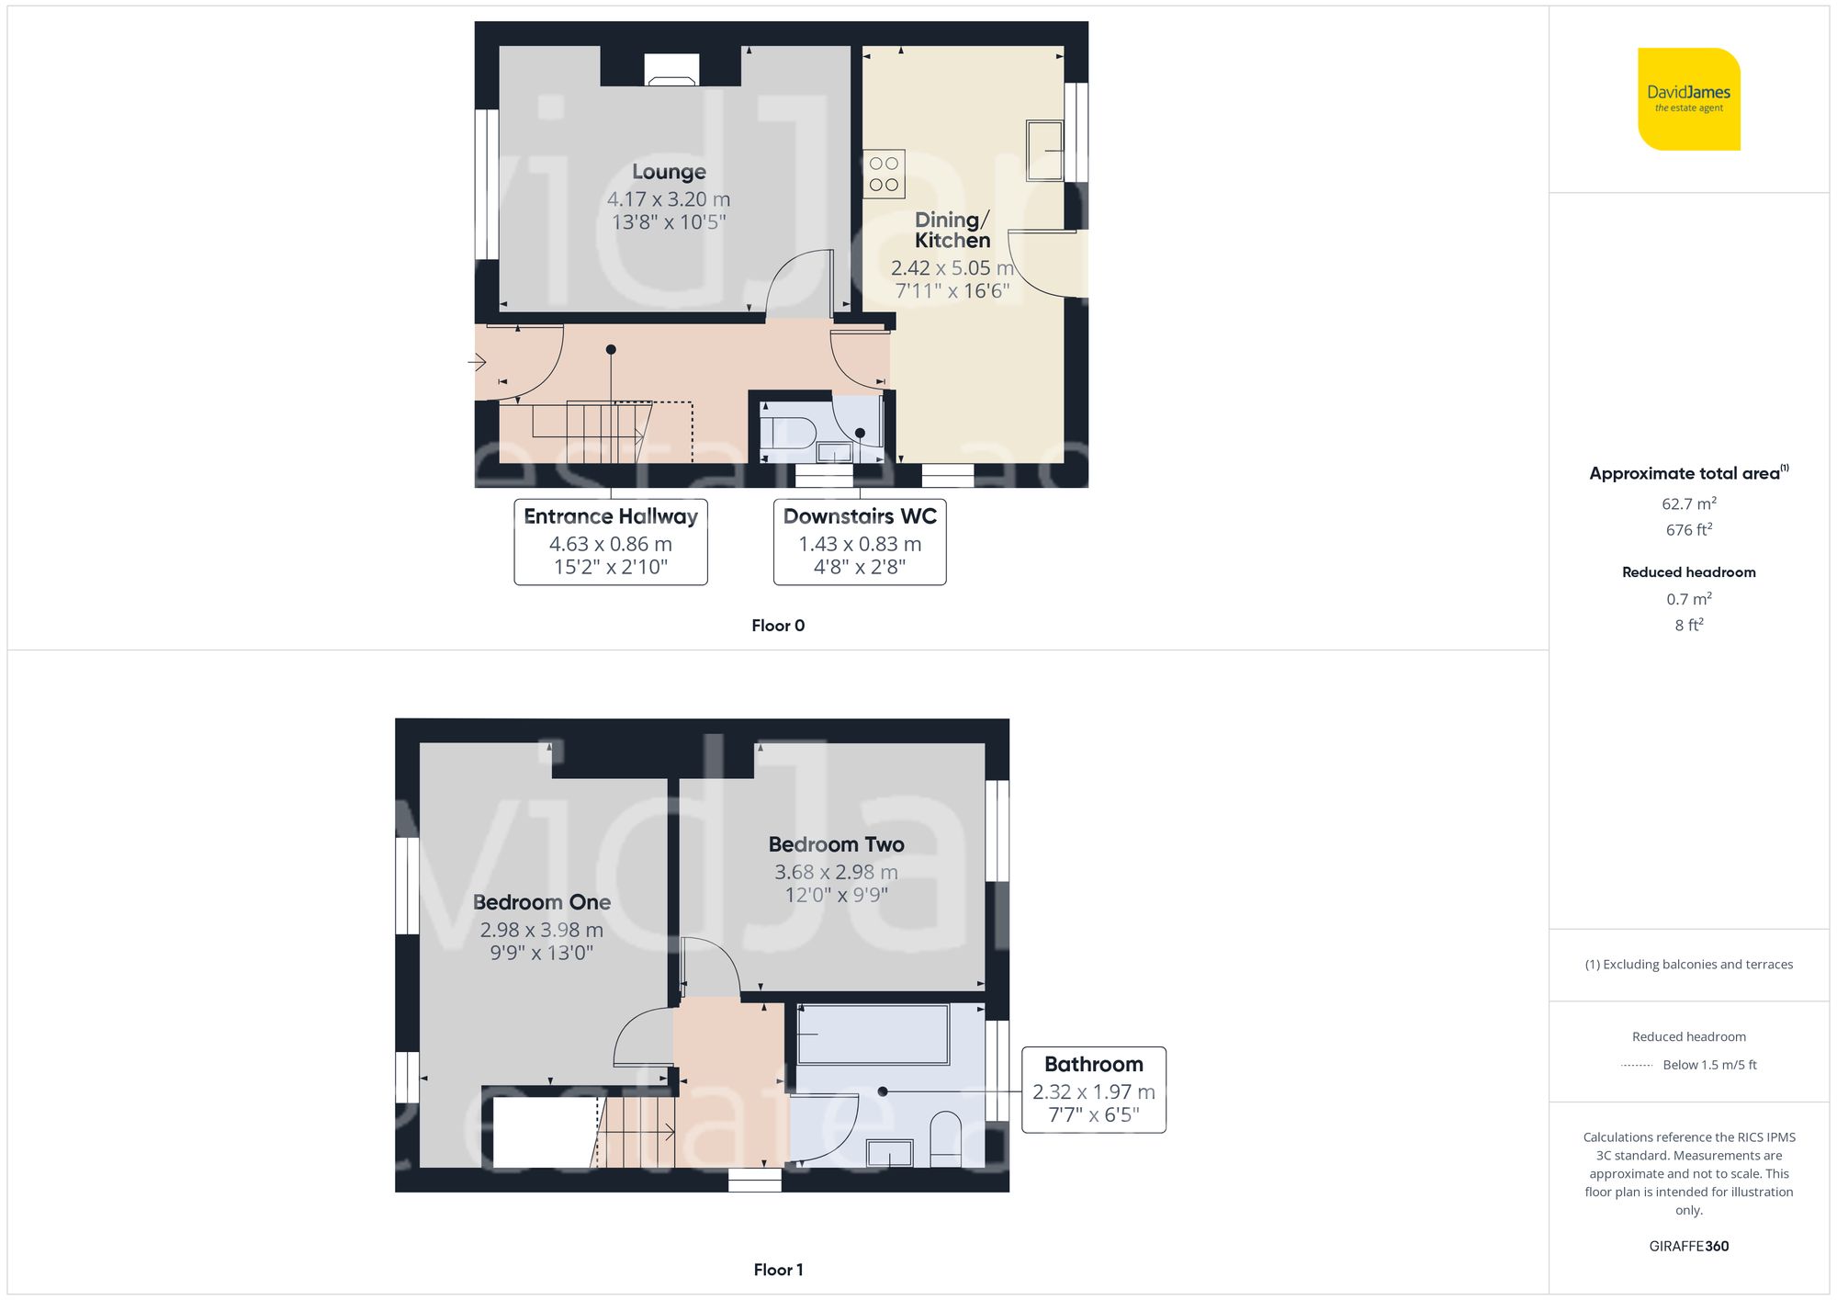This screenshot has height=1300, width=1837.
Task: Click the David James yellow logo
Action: (x=1688, y=99)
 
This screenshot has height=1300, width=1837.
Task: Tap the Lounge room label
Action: (x=669, y=172)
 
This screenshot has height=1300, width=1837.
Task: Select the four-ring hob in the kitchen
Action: (x=884, y=174)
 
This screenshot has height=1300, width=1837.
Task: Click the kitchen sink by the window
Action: (x=1044, y=150)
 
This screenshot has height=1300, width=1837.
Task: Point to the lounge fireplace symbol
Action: (x=671, y=71)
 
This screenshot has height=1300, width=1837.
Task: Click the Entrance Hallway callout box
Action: (x=611, y=542)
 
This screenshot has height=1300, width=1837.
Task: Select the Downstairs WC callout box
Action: (x=860, y=542)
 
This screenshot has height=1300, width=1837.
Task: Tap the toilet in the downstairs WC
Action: (x=791, y=433)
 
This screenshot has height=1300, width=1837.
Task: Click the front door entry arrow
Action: (x=477, y=362)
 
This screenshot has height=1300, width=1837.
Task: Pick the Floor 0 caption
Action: (x=778, y=626)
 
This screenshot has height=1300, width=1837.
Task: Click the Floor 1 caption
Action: (x=778, y=1270)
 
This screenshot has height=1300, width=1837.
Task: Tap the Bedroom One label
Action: (x=542, y=902)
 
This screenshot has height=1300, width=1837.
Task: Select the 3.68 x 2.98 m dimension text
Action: (x=836, y=872)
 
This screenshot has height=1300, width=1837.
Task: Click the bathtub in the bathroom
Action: (x=873, y=1034)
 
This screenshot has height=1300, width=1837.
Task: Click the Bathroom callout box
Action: (x=1093, y=1090)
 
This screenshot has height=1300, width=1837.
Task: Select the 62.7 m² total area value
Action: (x=1688, y=503)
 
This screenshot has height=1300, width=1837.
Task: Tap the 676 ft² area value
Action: (x=1688, y=530)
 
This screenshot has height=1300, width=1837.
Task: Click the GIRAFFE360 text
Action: (x=1688, y=1247)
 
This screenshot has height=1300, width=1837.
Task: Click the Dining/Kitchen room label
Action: (x=952, y=230)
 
